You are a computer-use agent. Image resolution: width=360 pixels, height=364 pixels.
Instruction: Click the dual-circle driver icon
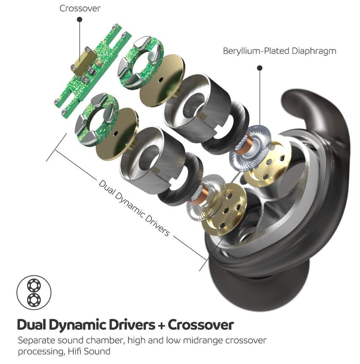[x=33, y=293]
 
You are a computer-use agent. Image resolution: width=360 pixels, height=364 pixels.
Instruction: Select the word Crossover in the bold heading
[x=201, y=325]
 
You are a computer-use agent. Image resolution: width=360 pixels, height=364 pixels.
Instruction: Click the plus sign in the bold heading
[x=161, y=325]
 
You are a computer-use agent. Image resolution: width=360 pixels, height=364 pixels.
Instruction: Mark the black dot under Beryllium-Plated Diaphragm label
[x=259, y=68]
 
